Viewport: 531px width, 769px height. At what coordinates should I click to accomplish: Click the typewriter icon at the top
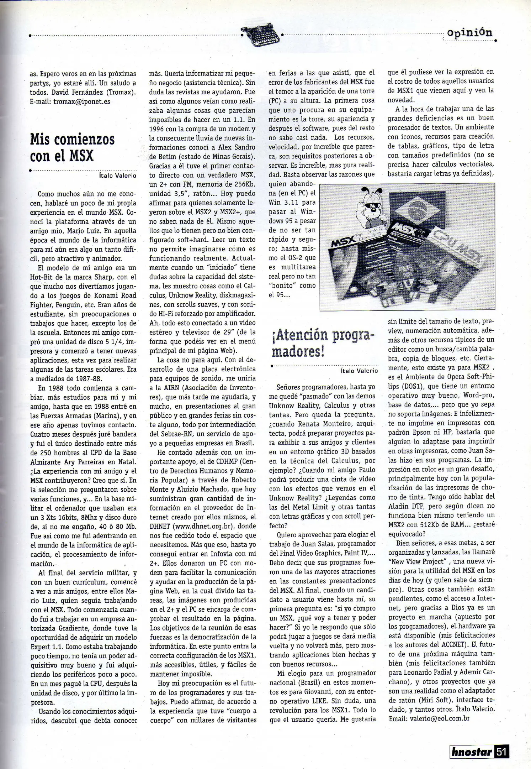pos(261,36)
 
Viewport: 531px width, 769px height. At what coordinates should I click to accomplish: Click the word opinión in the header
pos(469,33)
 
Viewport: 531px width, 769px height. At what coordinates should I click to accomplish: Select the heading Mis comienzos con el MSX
pos(72,147)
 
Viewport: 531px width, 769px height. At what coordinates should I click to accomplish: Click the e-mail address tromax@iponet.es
pos(81,101)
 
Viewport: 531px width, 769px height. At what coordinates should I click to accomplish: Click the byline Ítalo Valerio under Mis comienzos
pos(117,176)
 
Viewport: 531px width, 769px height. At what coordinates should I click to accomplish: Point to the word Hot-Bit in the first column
pos(43,277)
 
